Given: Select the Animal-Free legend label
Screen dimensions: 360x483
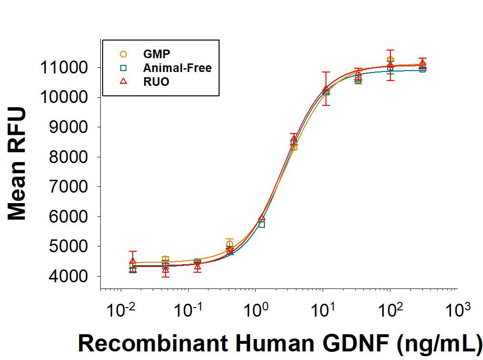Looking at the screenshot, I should point(177,68).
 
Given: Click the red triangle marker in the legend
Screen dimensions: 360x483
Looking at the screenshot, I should point(123,82).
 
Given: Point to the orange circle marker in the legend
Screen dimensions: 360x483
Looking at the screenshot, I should point(123,54).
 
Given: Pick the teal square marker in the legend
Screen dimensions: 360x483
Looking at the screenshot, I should point(123,68).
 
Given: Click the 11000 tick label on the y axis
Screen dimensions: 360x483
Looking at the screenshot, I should point(63,67).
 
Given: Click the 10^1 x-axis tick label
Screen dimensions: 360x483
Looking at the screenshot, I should point(322,312).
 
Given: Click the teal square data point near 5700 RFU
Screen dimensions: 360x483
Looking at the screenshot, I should point(262,224).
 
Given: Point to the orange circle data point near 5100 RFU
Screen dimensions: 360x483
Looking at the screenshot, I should point(230,244).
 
